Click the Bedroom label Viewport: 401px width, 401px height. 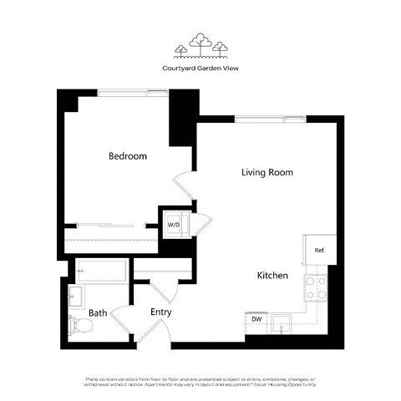click(128, 156)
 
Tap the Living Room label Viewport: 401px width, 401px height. click(266, 173)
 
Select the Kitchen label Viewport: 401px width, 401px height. click(272, 275)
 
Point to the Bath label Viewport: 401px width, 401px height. click(98, 313)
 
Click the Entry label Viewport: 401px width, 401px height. click(160, 312)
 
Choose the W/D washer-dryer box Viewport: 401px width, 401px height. click(175, 225)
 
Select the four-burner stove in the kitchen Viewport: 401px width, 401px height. click(317, 288)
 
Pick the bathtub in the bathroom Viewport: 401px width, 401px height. click(100, 270)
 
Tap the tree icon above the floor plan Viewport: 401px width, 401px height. click(200, 46)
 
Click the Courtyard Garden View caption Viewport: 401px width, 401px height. click(200, 69)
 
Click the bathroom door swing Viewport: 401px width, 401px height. click(123, 318)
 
